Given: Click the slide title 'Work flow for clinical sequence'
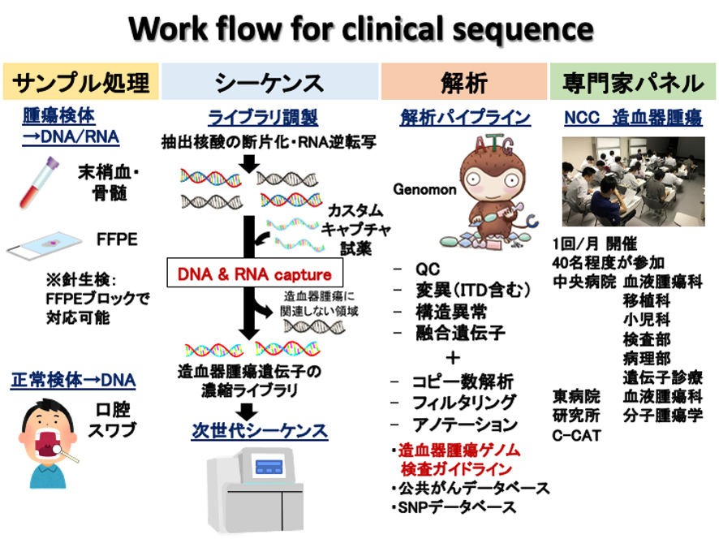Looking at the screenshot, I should point(359,29).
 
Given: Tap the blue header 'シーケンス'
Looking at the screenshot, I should point(270,82).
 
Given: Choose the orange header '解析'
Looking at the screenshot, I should point(464,82).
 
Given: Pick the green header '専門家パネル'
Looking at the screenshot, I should point(633,82).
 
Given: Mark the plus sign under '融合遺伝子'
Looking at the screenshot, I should point(453,357).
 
